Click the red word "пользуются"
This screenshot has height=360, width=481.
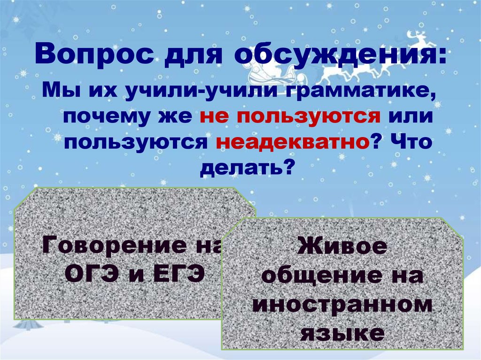pyautogui.click(x=288, y=116)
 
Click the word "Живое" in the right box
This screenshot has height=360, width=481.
pyautogui.click(x=342, y=247)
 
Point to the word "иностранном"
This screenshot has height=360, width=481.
pyautogui.click(x=342, y=306)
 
